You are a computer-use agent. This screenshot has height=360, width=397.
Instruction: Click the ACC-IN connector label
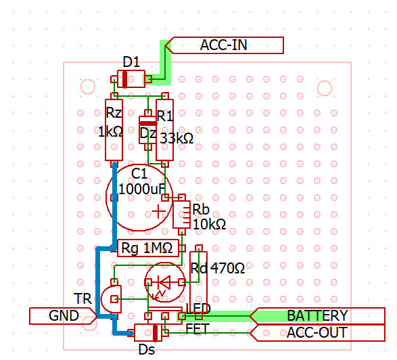[x=224, y=45]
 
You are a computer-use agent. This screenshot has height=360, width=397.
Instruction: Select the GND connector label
[x=64, y=316]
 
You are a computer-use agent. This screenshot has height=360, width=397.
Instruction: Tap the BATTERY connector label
[x=317, y=316]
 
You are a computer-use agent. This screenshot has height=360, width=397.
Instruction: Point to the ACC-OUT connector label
[x=317, y=333]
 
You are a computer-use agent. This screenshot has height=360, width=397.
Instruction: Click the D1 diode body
[x=131, y=79]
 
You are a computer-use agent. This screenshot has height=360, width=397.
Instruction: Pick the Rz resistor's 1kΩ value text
[x=111, y=132]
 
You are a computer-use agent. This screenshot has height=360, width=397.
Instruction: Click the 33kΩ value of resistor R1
[x=177, y=138]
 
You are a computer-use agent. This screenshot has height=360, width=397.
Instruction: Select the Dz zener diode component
[x=148, y=130]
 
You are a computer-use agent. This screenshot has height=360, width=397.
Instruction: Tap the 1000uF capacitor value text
[x=142, y=189]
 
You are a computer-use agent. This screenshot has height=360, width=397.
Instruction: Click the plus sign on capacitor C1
[x=158, y=211]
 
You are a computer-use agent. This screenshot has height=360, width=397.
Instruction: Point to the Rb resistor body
[x=181, y=215]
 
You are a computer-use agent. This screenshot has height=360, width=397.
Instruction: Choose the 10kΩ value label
[x=210, y=224]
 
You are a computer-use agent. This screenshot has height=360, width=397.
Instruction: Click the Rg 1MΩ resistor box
[x=148, y=248]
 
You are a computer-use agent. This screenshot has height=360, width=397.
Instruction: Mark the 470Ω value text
[x=228, y=268]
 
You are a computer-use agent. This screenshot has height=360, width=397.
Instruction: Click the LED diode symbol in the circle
[x=165, y=282]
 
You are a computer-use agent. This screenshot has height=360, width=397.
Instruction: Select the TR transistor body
[x=112, y=299]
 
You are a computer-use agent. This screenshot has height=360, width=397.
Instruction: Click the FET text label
[x=197, y=329]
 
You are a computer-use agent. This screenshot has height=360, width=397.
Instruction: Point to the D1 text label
[x=131, y=62]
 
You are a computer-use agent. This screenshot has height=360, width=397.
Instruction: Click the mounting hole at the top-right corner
[x=325, y=88]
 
